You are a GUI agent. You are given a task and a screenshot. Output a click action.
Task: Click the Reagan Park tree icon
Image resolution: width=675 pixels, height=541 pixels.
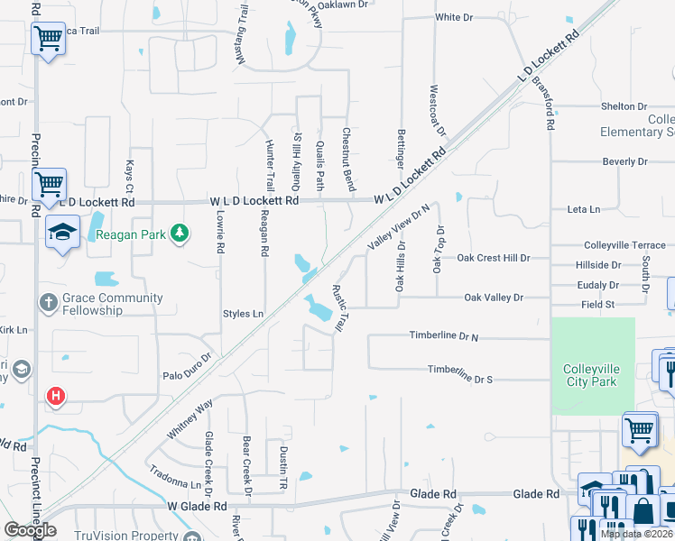point(180,234)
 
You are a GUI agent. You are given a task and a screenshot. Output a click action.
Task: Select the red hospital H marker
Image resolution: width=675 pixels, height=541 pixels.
point(56,396)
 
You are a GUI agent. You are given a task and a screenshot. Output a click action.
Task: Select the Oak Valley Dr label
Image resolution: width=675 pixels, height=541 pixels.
point(494,297)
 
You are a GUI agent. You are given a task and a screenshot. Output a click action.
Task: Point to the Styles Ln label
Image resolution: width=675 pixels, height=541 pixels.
point(243,314)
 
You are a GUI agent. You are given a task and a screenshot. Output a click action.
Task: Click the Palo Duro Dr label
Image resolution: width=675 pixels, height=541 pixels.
point(187,365)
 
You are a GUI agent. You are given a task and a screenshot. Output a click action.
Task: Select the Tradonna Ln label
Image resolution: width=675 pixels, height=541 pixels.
point(175,478)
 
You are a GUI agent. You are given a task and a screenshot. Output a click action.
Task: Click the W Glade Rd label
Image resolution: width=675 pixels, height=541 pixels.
point(198,507)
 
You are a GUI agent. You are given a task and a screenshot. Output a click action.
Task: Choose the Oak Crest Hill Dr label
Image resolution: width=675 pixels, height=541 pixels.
point(493,258)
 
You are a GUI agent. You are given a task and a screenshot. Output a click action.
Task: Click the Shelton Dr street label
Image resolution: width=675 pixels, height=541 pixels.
point(624,106)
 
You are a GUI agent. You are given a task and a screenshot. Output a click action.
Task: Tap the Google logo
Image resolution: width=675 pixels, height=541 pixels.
point(30,530)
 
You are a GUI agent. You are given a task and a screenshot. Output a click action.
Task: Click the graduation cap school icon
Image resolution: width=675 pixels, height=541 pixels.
point(63,232)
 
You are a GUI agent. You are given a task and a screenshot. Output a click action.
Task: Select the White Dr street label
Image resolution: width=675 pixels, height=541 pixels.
point(454,17)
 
